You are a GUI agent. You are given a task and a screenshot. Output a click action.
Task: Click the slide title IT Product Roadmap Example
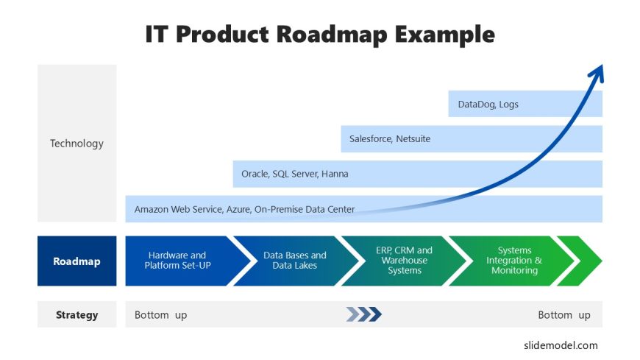[x=320, y=35]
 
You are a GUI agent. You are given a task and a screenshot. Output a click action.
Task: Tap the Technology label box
[x=77, y=143]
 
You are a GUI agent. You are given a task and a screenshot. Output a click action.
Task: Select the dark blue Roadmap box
[x=77, y=261]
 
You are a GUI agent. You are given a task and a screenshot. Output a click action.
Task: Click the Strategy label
[x=77, y=314]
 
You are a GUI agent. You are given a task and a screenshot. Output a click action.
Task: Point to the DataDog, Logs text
[x=488, y=105]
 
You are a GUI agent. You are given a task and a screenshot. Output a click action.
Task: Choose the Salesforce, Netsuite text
[x=390, y=139]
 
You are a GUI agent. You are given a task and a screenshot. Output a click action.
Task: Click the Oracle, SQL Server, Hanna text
[x=295, y=174]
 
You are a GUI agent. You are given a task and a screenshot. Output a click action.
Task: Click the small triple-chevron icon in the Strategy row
[x=363, y=314]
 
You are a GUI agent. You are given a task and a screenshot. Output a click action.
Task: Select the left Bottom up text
[x=161, y=315]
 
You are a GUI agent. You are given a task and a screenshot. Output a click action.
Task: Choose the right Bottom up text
[x=564, y=315]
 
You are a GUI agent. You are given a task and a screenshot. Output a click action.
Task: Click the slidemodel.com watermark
[x=561, y=345]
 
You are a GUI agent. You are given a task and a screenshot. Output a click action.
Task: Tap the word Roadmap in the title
[x=332, y=35]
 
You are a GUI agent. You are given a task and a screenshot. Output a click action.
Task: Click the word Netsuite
[x=413, y=139]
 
